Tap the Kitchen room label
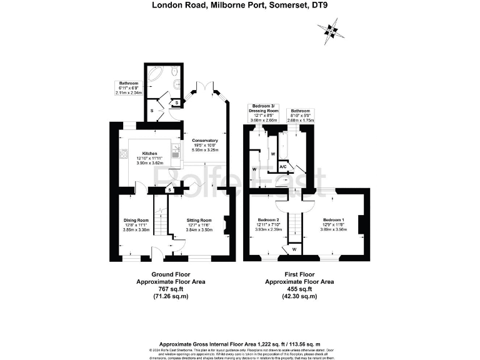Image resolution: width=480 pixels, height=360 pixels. (149, 153)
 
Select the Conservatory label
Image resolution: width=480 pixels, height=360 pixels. (204, 141)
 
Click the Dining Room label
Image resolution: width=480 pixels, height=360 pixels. (136, 220)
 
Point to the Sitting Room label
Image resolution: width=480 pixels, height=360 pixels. (199, 220)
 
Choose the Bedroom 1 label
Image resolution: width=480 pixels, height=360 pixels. (334, 220)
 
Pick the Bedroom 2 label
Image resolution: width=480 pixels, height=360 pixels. (269, 220)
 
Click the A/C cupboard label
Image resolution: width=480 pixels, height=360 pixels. (283, 166)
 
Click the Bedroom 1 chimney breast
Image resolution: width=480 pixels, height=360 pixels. (363, 224)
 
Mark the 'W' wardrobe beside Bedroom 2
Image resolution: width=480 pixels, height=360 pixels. (294, 249)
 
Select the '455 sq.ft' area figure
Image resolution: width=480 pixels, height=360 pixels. (299, 289)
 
